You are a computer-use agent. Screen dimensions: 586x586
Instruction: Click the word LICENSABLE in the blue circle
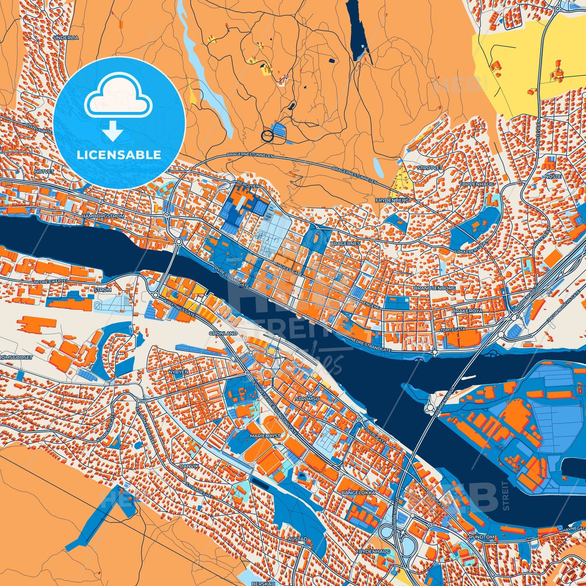pos(119,155)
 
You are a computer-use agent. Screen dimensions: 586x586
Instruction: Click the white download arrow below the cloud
pos(113,131)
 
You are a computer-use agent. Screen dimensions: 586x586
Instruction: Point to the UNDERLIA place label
pos(66,37)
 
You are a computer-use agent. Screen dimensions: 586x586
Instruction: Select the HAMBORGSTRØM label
pos(103,217)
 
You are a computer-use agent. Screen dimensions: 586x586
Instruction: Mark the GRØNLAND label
pos(223,333)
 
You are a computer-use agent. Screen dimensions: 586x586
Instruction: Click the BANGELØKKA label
pos(358,493)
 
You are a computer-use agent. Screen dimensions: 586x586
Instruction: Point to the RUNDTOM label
pos(481,537)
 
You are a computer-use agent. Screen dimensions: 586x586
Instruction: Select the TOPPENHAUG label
pos(477,184)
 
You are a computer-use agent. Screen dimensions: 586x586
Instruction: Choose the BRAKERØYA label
pos(467,311)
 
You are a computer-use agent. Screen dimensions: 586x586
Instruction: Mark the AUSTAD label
pos(298,539)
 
